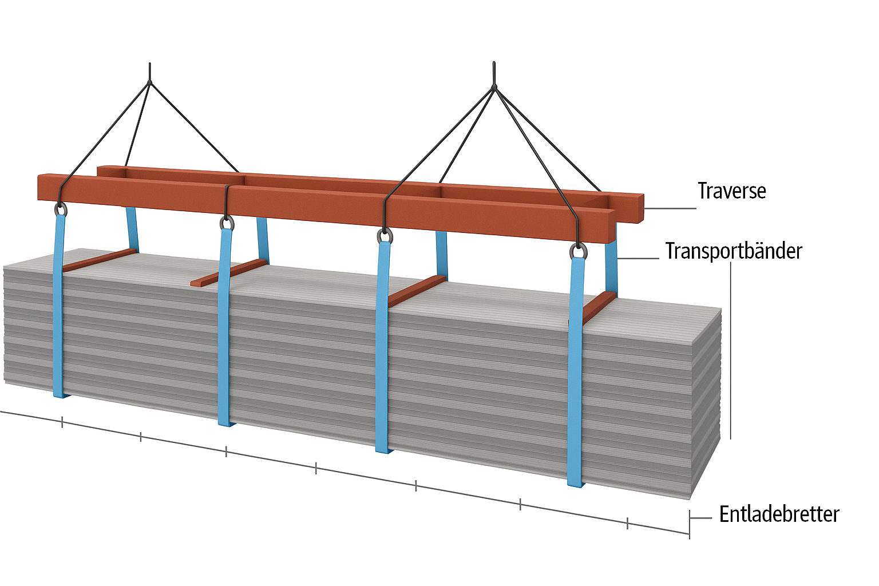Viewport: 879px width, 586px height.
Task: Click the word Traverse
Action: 731,191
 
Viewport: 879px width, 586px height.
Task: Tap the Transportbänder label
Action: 734,251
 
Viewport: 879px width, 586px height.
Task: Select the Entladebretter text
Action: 779,514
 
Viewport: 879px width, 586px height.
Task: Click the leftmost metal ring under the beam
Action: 60,209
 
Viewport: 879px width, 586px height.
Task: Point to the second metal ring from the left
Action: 227,223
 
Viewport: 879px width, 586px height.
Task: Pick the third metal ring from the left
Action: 385,236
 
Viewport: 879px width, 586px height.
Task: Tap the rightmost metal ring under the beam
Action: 578,251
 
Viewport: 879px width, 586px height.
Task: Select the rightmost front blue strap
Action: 576,372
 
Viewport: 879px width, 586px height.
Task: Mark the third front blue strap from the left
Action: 382,349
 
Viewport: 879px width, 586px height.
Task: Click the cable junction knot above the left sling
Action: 149,82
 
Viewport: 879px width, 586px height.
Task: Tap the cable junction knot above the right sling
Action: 494,88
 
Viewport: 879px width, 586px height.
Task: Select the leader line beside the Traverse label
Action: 670,208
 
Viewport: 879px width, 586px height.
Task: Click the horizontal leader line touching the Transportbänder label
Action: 638,258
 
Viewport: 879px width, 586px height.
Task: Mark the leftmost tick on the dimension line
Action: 62,423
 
